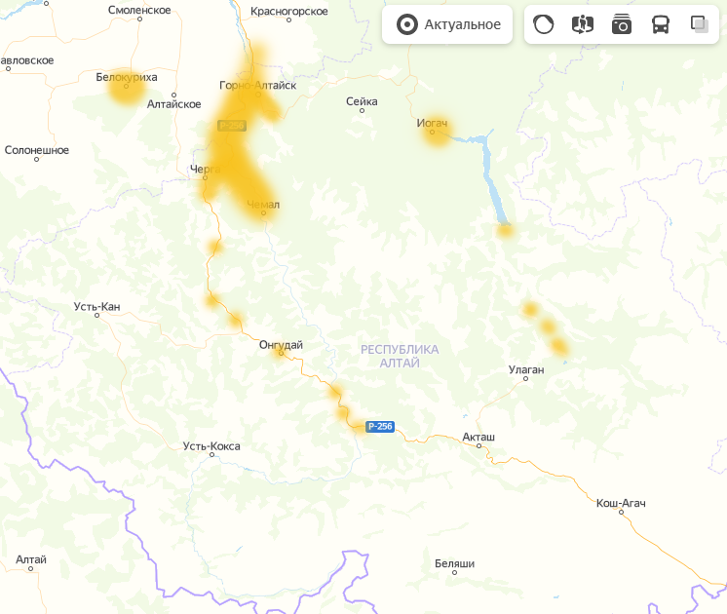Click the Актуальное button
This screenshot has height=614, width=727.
(x=448, y=25)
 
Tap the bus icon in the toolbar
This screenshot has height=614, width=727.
(x=661, y=25)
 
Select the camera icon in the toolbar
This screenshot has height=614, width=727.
(x=622, y=25)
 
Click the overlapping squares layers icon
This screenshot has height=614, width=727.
(x=699, y=24)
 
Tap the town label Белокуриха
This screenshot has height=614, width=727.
(x=127, y=76)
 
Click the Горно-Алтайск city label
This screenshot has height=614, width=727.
(x=257, y=85)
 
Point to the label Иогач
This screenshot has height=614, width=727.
(x=432, y=123)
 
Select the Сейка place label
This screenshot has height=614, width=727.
(x=362, y=100)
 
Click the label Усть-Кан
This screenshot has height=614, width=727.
(x=96, y=307)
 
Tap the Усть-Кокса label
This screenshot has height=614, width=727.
(x=211, y=446)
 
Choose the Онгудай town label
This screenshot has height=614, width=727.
(x=281, y=344)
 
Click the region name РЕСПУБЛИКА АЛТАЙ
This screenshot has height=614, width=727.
(x=400, y=356)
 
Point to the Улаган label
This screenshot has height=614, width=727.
(x=526, y=369)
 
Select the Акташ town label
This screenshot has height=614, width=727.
(x=478, y=437)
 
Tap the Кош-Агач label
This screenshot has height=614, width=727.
(x=621, y=503)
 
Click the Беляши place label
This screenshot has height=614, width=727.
(x=454, y=563)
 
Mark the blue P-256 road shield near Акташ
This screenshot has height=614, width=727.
(x=380, y=427)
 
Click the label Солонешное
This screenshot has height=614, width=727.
(x=37, y=150)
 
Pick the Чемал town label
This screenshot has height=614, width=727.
(x=263, y=205)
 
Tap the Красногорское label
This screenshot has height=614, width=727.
(x=290, y=11)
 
